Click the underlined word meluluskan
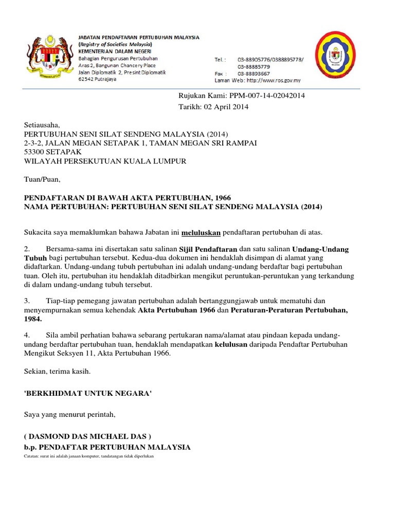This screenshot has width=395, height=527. coord(201,233)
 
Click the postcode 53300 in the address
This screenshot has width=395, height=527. coord(35,152)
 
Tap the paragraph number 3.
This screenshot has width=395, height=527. coord(27,301)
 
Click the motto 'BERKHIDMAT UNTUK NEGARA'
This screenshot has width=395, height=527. coord(88,393)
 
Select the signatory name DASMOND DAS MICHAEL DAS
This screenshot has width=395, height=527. coord(88,436)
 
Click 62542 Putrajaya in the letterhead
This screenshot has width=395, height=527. coord(97,79)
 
